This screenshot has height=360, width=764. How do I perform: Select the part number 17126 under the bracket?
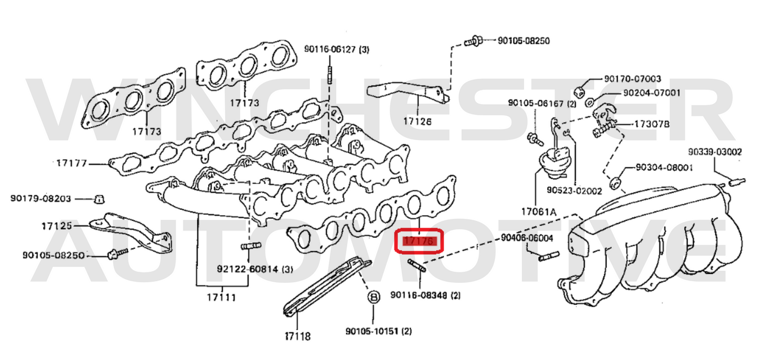pyautogui.click(x=417, y=121)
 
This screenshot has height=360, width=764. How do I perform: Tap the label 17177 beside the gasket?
pyautogui.click(x=71, y=163)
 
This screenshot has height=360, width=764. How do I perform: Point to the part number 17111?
pyautogui.click(x=221, y=297)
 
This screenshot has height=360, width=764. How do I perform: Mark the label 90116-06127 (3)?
pyautogui.click(x=336, y=50)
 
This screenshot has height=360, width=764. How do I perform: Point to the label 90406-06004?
pyautogui.click(x=527, y=238)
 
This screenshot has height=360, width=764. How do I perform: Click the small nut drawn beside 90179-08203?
pyautogui.click(x=98, y=199)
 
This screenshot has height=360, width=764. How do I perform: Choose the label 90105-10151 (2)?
pyautogui.click(x=378, y=331)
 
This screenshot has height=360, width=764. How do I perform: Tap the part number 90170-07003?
pyautogui.click(x=632, y=79)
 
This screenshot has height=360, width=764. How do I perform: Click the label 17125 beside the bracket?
pyautogui.click(x=57, y=226)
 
